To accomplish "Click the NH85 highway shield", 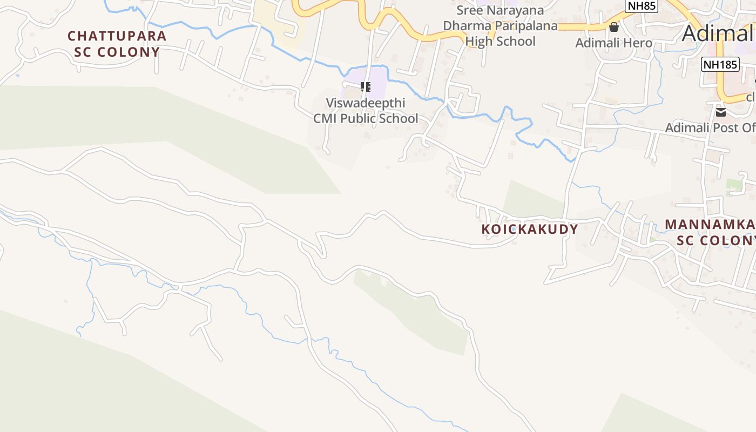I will point(642,5).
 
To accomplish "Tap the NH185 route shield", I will point(720,65).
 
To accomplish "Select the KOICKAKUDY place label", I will point(530,229).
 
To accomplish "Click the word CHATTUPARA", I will point(117,36).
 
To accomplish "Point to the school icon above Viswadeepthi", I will point(366,86).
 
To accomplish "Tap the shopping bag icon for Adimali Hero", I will point(614,27).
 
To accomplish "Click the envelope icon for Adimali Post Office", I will point(721,112).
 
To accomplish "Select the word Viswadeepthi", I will point(366,103).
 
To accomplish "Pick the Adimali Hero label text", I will point(614,43).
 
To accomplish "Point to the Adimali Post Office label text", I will point(710,128).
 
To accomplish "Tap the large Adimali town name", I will point(718,33).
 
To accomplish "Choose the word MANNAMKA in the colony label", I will point(710,225).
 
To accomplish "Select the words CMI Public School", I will point(366,118).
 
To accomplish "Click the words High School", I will point(500,41).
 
